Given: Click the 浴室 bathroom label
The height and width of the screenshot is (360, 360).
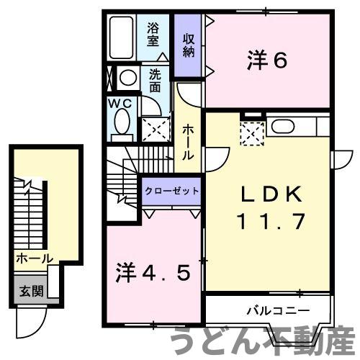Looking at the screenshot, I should (153, 35).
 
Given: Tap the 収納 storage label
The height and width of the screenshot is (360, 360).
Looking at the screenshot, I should (189, 45).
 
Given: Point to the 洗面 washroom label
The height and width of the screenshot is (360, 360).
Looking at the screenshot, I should (155, 79).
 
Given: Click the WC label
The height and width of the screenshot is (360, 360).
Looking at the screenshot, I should (120, 103).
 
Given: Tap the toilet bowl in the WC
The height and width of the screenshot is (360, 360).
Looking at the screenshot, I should (121, 123).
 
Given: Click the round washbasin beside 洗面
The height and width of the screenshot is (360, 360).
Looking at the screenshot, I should (128, 78).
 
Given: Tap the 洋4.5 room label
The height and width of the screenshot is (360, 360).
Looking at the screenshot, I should (153, 273).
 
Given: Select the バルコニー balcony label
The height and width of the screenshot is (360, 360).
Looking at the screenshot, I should (278, 311).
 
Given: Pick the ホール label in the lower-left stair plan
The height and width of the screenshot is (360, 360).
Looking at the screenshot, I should (33, 258).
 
